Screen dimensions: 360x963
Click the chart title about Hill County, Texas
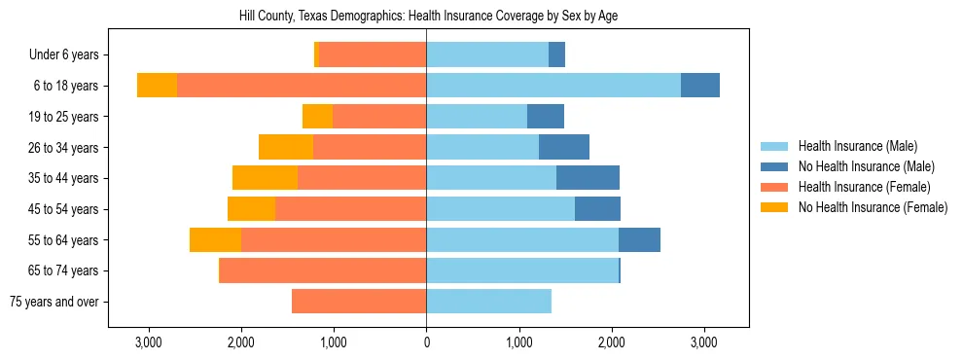428,17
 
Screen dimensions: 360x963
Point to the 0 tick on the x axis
426,342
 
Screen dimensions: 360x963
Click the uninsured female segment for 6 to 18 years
157,86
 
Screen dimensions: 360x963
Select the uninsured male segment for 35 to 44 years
588,178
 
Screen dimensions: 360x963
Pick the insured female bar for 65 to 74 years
323,270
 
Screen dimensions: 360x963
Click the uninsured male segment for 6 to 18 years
700,86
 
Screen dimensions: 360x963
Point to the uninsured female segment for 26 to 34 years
286,147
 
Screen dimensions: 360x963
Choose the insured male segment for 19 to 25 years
477,117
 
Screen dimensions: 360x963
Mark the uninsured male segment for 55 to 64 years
639,240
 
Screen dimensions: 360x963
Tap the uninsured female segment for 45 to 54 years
251,209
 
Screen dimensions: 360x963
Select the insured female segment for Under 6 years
373,55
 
